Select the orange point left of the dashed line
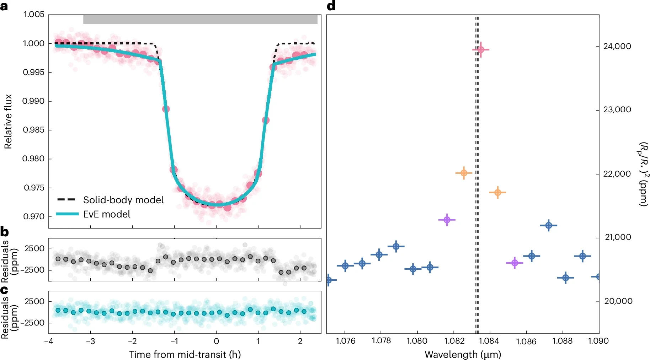tap(464, 173)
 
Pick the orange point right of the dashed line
tap(497, 193)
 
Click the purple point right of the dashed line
tap(515, 263)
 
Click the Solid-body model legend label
tap(123, 200)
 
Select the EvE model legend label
tap(107, 214)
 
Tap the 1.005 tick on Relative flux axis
tap(34, 15)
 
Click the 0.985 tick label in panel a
tap(34, 130)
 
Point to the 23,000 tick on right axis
tap(617, 110)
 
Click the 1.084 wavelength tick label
tap(489, 341)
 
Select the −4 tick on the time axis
tap(49, 342)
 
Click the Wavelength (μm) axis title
tap(463, 355)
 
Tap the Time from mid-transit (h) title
tap(185, 355)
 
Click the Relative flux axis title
tap(8, 122)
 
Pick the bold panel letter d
tap(331, 6)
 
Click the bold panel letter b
tap(5, 232)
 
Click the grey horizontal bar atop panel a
tap(200, 20)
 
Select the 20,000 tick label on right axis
tap(618, 301)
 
